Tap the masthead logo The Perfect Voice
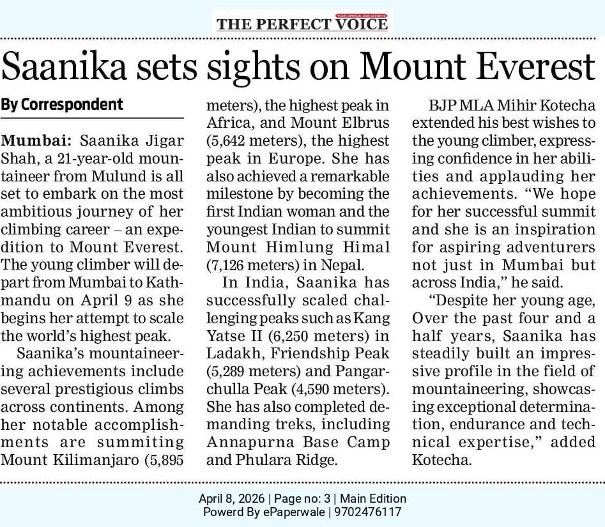[302, 24]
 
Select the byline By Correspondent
[62, 103]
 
